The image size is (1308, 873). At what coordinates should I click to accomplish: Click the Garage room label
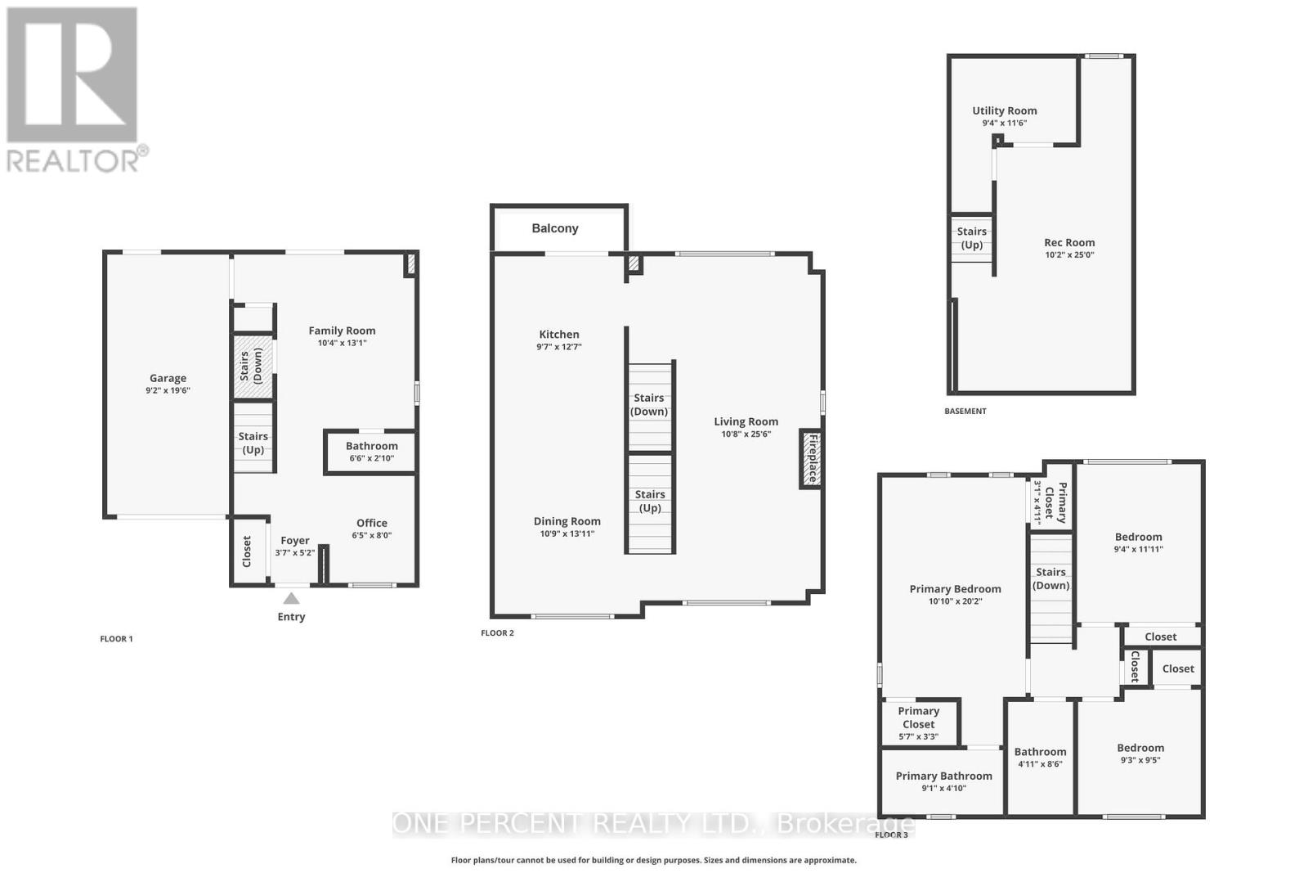coord(168,378)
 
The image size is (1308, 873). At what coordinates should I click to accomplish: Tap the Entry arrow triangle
coord(291,599)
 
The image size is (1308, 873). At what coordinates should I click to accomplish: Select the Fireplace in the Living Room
coord(811,459)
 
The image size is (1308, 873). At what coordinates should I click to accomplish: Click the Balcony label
coord(555,228)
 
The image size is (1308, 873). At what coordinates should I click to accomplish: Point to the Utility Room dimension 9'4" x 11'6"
coord(1004,124)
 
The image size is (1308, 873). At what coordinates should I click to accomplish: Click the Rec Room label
coord(1069,242)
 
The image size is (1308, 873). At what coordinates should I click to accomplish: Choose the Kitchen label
coord(559,334)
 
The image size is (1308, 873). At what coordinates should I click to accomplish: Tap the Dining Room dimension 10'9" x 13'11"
coord(567,534)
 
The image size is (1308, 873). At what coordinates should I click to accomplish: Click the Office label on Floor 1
coord(372,523)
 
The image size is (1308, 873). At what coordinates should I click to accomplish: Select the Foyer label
coord(295,540)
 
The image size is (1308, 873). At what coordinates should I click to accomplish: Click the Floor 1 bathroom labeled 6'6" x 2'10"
coord(371,452)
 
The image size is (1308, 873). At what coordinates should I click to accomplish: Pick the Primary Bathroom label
coord(943,776)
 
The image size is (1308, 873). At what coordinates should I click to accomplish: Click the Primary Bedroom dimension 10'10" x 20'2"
coord(955,601)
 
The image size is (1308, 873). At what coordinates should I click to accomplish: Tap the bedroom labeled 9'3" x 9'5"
coord(1140,754)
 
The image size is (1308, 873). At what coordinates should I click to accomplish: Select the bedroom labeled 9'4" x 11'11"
coord(1138,542)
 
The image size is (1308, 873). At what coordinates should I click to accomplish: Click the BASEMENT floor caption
coord(965,411)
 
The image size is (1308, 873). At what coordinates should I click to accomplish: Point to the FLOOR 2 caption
coord(497,632)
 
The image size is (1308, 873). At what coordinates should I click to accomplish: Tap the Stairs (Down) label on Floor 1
coord(251,365)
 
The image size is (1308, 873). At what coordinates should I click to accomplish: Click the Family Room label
coord(342,331)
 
